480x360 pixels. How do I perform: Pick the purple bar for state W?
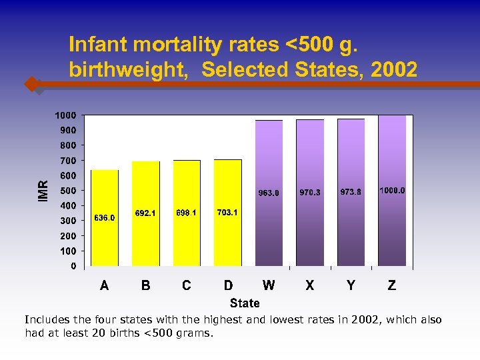click(269, 227)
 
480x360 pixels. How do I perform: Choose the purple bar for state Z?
click(392, 227)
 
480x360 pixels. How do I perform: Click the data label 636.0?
click(105, 218)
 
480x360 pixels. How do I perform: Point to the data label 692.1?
click(145, 213)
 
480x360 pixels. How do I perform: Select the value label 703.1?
click(227, 213)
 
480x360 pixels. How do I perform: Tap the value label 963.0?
click(269, 193)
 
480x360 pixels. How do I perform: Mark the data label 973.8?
click(351, 192)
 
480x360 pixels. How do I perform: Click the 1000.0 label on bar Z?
click(392, 191)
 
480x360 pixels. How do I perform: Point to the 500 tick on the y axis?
click(68, 191)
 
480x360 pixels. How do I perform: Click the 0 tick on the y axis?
click(73, 266)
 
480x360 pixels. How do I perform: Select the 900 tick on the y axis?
click(68, 130)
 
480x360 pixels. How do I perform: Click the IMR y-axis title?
click(43, 191)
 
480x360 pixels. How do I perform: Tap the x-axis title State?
click(245, 303)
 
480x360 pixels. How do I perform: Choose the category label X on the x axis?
click(310, 285)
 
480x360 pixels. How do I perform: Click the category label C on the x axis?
click(187, 285)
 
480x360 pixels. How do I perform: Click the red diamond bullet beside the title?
click(31, 85)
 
